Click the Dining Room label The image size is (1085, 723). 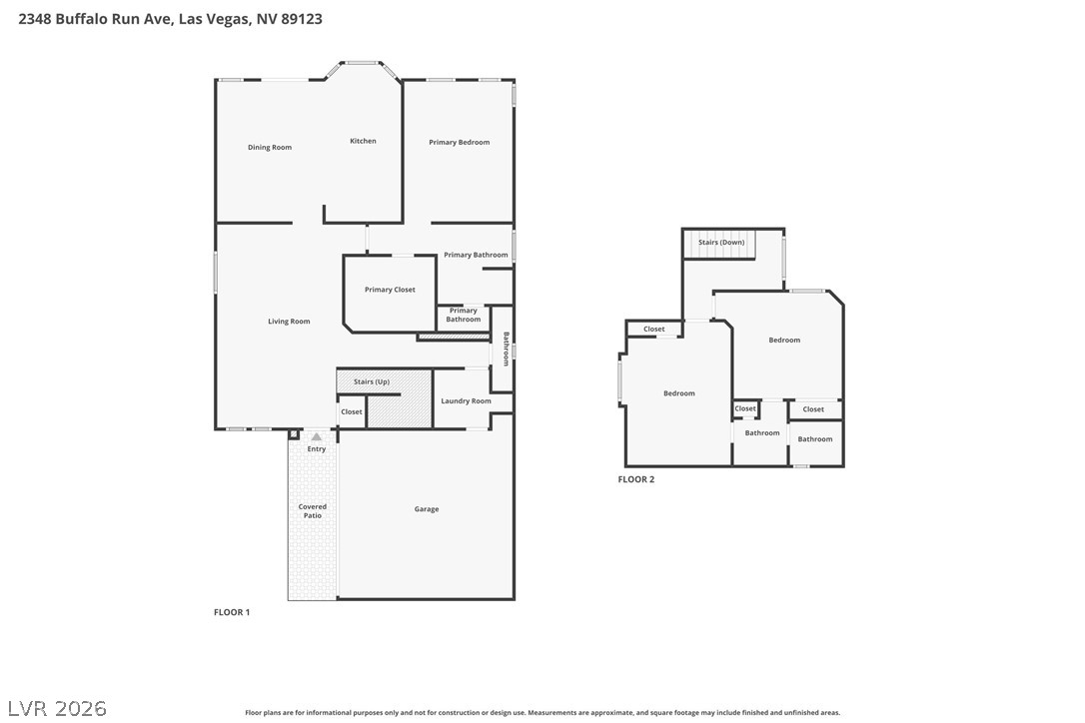click(269, 148)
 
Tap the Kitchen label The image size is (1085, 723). click(363, 141)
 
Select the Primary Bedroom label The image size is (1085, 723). click(459, 143)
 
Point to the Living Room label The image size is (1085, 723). click(289, 321)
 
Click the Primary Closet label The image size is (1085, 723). click(390, 290)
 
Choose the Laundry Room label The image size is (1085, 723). click(466, 401)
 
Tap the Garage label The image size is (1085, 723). click(427, 509)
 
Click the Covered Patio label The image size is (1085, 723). click(312, 511)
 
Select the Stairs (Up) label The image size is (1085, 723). click(372, 381)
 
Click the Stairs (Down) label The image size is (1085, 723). click(721, 243)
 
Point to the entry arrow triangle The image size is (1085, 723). click(317, 436)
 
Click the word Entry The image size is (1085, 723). click(317, 449)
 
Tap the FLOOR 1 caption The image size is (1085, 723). click(232, 612)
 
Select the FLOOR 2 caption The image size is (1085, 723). click(636, 479)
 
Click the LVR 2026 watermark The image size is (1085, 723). click(57, 708)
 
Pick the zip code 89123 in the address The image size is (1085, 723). click(302, 19)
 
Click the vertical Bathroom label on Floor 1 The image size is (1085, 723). click(506, 350)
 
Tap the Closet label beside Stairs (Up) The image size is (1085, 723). click(352, 412)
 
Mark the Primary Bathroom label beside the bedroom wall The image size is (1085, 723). click(476, 256)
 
